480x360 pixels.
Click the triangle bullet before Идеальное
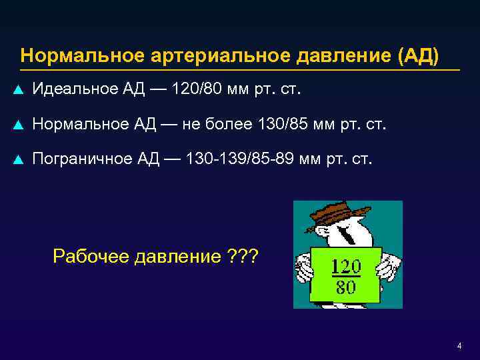click(19, 89)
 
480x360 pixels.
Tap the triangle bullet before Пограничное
click(19, 160)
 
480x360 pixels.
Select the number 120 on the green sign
click(346, 267)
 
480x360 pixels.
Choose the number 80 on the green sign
click(346, 287)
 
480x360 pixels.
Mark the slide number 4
click(459, 345)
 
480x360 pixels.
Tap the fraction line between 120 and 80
click(346, 277)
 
